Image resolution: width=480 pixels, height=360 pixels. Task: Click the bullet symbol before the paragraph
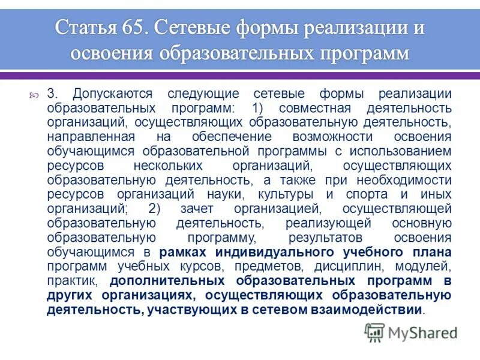tap(34, 94)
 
